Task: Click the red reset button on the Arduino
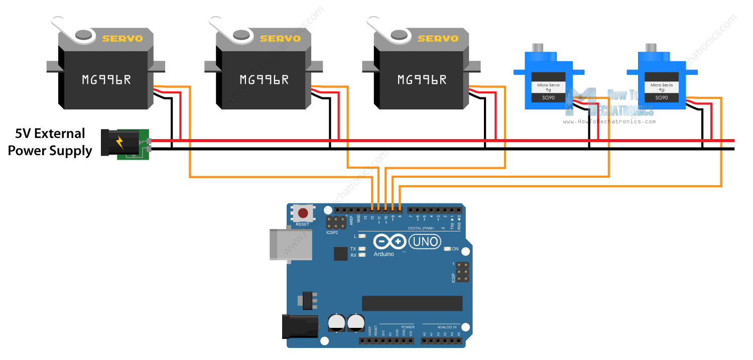[x=303, y=213]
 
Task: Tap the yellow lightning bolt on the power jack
[x=119, y=143]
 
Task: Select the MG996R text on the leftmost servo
[x=106, y=79]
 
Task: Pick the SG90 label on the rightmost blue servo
[x=662, y=98]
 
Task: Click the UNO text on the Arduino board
[x=425, y=243]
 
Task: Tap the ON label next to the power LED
[x=455, y=249]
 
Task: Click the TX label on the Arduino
[x=353, y=249]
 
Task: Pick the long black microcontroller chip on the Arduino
[x=412, y=303]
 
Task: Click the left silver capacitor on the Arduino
[x=335, y=322]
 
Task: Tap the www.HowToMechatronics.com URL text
[x=609, y=122]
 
